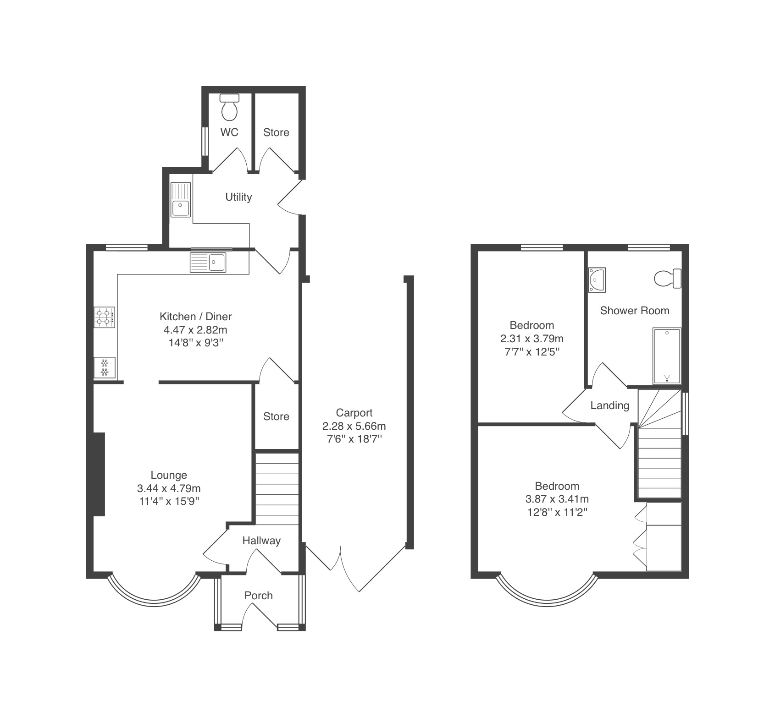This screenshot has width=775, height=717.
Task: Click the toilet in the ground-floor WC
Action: click(230, 107)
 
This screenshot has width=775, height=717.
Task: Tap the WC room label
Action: click(229, 132)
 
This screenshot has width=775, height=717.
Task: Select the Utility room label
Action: click(238, 197)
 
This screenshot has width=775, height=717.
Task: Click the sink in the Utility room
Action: click(181, 200)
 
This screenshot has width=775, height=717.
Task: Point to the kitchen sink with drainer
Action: click(208, 262)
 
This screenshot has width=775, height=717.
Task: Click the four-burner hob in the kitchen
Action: click(105, 317)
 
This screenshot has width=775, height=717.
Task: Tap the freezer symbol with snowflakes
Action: click(105, 367)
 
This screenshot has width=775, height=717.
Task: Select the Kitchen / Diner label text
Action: click(195, 316)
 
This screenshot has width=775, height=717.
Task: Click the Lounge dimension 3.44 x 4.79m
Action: click(169, 488)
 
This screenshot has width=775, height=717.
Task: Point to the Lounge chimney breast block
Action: click(99, 474)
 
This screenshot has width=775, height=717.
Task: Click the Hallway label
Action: click(261, 541)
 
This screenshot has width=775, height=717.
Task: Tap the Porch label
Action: click(259, 596)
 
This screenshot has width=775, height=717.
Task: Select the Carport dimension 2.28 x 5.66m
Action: click(354, 426)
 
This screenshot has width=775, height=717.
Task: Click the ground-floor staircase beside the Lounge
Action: click(277, 489)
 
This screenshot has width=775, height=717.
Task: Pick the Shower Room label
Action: click(635, 311)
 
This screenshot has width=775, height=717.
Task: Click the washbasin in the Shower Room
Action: click(597, 279)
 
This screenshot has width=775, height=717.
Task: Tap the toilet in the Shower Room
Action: click(668, 279)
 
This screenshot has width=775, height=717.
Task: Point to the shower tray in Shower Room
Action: click(667, 356)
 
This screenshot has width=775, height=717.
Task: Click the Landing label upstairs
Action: click(609, 405)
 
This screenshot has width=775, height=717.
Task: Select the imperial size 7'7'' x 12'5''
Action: click(532, 352)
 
